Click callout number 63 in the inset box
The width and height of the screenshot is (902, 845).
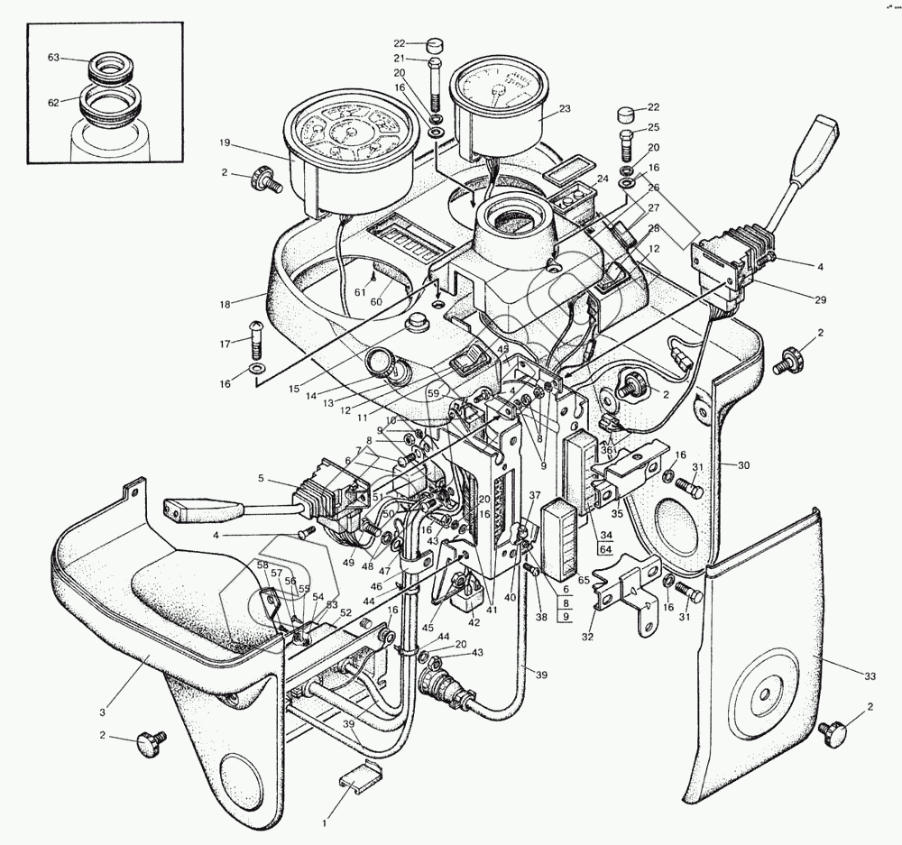click(x=52, y=58)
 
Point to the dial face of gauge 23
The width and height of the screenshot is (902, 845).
click(x=499, y=87)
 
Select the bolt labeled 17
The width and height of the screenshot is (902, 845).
click(x=255, y=340)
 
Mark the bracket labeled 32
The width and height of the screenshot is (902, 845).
click(x=629, y=590)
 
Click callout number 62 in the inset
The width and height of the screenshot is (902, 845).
click(x=52, y=103)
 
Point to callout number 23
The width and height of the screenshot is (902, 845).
click(x=565, y=109)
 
